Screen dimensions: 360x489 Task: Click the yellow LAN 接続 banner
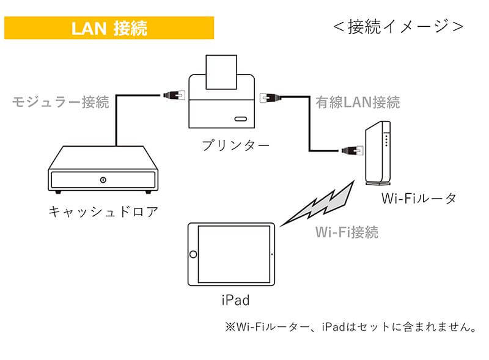tap(109, 28)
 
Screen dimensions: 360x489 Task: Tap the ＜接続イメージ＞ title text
tap(398, 26)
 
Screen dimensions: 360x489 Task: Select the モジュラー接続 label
tap(61, 102)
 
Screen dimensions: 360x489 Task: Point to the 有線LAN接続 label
tap(358, 102)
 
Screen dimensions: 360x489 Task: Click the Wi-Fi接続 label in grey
tap(347, 232)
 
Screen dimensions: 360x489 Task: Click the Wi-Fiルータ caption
tap(419, 199)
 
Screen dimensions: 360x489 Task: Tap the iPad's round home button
tap(194, 254)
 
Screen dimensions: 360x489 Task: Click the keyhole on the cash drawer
tap(103, 180)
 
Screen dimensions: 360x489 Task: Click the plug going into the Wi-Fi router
tap(350, 150)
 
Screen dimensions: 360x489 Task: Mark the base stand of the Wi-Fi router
tap(377, 183)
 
